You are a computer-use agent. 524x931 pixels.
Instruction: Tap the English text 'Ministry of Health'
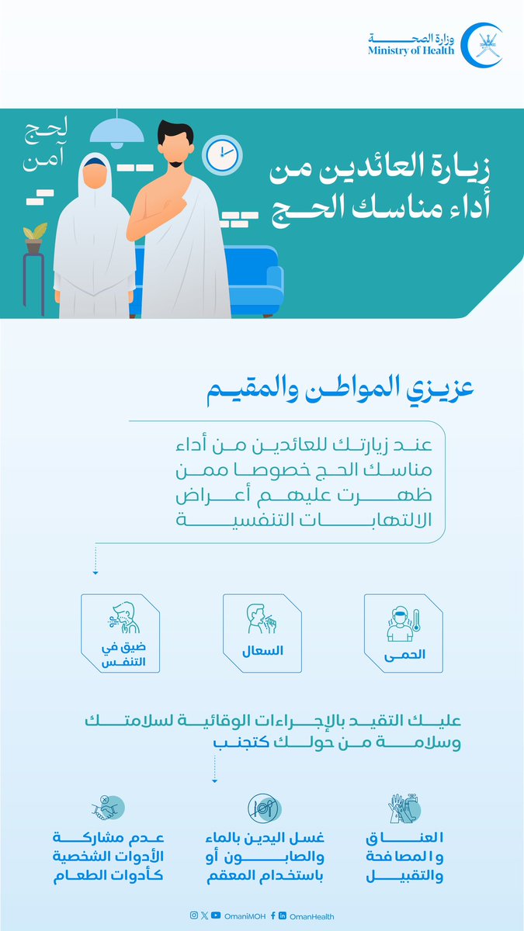coord(411,50)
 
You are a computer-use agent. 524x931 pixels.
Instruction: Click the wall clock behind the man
coord(222,154)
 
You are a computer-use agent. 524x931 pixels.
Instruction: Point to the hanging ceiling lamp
coord(117,129)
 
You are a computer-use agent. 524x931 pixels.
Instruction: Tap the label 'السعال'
coord(261,650)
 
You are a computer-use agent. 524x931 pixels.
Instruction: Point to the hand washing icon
coord(404,808)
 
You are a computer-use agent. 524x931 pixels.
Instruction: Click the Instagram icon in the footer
coord(193,916)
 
